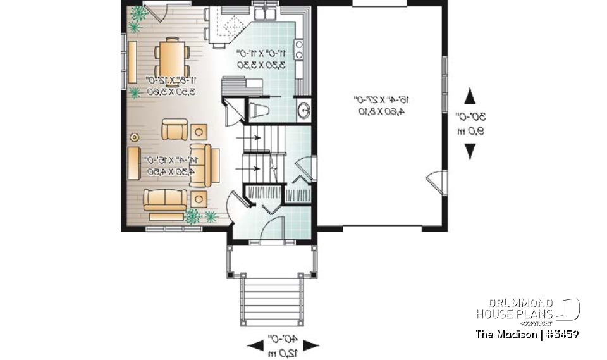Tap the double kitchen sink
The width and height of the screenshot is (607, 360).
tap(266, 14)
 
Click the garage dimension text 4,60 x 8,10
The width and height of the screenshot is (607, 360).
tap(380, 111)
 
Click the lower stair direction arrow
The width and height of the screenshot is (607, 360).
tap(248, 168)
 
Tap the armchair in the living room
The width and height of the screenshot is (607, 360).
tap(174, 130)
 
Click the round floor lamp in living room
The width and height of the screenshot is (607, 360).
tap(134, 136)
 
